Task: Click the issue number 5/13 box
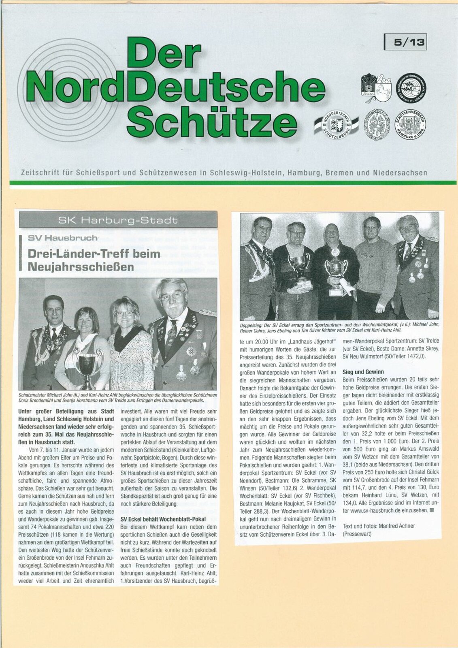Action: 405,42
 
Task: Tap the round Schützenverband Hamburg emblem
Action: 411,125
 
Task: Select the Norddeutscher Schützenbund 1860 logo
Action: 337,124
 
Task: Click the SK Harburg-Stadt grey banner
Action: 118,220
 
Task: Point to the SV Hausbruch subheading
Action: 62,238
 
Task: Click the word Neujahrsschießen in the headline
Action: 81,267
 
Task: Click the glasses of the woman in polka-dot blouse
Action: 125,313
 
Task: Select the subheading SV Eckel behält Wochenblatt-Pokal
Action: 163,519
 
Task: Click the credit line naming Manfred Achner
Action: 379,526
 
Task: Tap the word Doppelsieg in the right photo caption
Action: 252,325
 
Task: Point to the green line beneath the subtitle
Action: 233,183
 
